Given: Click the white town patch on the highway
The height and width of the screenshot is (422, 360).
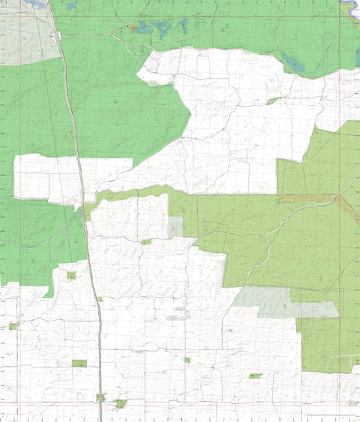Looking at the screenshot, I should tap(58, 35).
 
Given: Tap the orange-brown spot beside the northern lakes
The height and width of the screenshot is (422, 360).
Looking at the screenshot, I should tap(133, 29).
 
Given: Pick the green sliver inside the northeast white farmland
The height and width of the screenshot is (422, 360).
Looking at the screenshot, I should tap(273, 100).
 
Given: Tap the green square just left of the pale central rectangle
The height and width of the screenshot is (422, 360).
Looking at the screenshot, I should tap(146, 242).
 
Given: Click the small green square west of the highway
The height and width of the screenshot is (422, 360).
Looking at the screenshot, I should tap(71, 276).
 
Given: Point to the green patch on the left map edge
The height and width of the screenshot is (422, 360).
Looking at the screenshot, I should tap(13, 326).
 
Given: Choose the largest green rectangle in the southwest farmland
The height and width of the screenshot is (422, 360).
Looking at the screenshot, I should tap(79, 363).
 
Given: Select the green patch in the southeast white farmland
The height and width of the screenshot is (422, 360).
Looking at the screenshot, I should tap(255, 375).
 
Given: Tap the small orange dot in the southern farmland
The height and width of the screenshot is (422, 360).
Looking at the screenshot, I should tap(230, 329).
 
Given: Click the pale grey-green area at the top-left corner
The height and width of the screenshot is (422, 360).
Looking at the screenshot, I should tap(26, 34).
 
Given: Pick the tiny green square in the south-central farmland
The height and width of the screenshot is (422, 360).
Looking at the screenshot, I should tap(187, 360).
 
